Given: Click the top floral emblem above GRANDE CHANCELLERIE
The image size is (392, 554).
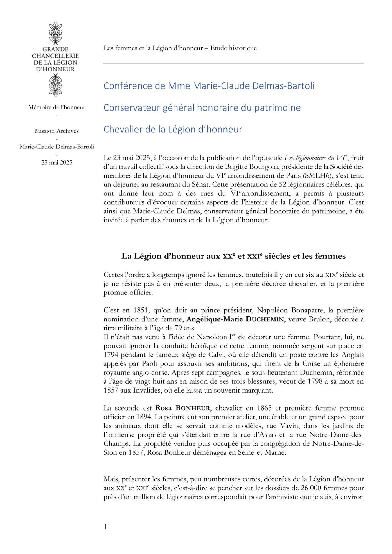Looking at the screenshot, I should pyautogui.click(x=55, y=33).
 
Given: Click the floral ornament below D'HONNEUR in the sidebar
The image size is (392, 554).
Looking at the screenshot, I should pyautogui.click(x=55, y=86).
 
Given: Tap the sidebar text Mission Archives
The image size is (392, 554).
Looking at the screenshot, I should pyautogui.click(x=57, y=131).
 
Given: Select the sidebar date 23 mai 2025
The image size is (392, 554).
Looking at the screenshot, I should pyautogui.click(x=57, y=163).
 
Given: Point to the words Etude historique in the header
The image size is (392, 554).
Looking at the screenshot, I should pyautogui.click(x=233, y=48).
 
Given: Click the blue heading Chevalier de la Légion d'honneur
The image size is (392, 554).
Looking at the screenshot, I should pyautogui.click(x=173, y=129).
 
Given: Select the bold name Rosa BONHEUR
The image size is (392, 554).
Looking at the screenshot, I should pyautogui.click(x=183, y=408).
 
